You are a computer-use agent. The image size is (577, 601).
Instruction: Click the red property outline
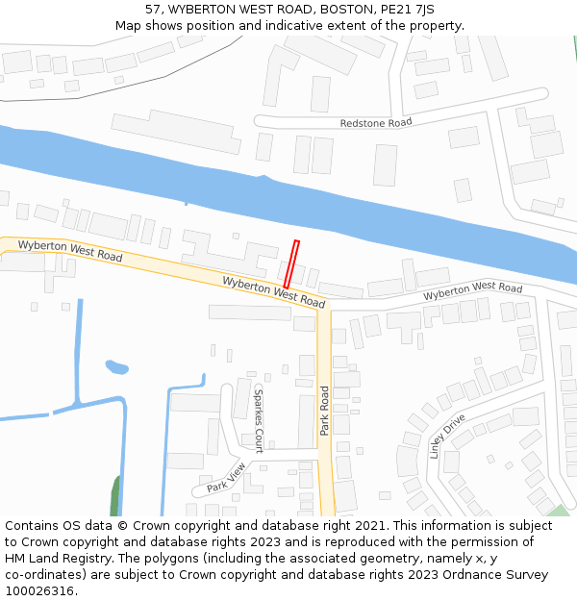pyautogui.click(x=290, y=263)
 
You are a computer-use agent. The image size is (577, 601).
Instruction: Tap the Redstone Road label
pyautogui.click(x=375, y=123)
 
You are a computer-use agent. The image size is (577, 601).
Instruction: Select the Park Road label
pyautogui.click(x=325, y=411)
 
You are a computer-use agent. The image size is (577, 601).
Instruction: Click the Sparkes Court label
pyautogui.click(x=258, y=420)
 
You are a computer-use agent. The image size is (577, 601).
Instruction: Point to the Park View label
pyautogui.click(x=226, y=477)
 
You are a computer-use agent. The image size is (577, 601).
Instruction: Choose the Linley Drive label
pyautogui.click(x=447, y=436)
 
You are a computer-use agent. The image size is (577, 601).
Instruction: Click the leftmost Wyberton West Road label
pyautogui.click(x=69, y=251)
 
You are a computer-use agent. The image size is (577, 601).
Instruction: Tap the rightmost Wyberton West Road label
pyautogui.click(x=472, y=290)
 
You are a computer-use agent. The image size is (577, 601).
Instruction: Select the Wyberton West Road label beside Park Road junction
pyautogui.click(x=273, y=291)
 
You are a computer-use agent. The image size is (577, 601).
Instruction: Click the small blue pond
pyautogui.click(x=116, y=367)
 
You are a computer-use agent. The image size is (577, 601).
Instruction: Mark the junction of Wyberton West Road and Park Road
pyautogui.click(x=324, y=309)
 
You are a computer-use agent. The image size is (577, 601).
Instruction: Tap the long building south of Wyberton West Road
pyautogui.click(x=249, y=313)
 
